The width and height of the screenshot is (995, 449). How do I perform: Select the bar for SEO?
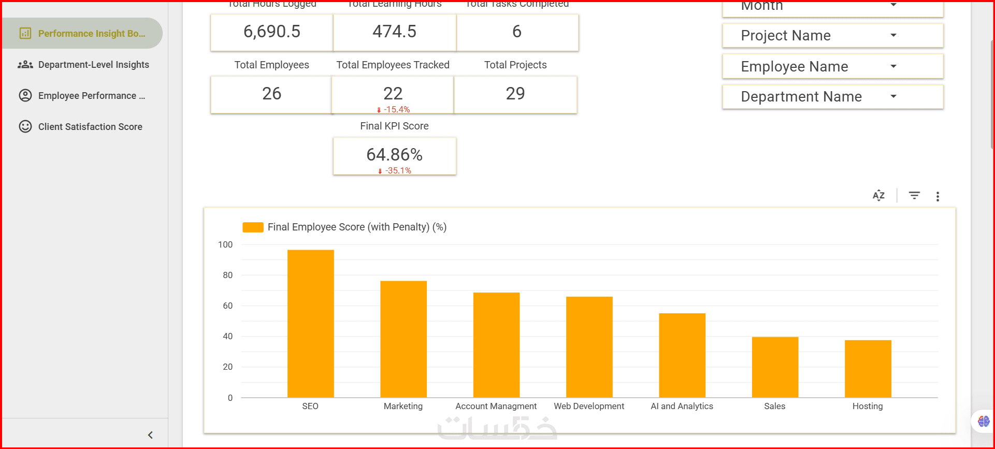(x=310, y=324)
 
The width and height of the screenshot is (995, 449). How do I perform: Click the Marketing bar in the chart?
(x=403, y=339)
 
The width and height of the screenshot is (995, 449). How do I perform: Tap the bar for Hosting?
(x=868, y=369)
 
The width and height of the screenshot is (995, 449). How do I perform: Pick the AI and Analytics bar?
(x=682, y=355)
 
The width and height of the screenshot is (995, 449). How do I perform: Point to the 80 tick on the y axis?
(x=227, y=275)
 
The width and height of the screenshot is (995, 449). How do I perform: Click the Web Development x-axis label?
(x=589, y=406)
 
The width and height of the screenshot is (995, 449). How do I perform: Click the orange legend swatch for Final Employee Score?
(x=253, y=227)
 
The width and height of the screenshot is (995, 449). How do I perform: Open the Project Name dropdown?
(x=832, y=36)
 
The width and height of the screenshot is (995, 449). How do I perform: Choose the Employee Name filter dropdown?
(x=832, y=67)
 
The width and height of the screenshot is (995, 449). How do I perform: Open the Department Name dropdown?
(x=832, y=97)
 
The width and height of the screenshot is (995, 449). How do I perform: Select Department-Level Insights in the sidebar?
(x=93, y=65)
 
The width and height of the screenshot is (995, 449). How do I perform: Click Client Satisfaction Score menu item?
(x=90, y=127)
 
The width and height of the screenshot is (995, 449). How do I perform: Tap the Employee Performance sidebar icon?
(x=25, y=96)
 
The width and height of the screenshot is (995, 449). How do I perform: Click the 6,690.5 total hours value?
(x=271, y=32)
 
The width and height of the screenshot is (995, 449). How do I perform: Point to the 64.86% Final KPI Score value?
(x=394, y=154)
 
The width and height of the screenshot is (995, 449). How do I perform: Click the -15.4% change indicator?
(x=396, y=110)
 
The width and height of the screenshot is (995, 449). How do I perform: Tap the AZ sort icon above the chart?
(x=878, y=196)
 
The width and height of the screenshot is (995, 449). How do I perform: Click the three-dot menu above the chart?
(x=938, y=196)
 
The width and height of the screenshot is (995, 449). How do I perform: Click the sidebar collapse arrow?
(x=150, y=435)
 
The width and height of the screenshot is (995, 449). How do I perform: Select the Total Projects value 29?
(x=515, y=94)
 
